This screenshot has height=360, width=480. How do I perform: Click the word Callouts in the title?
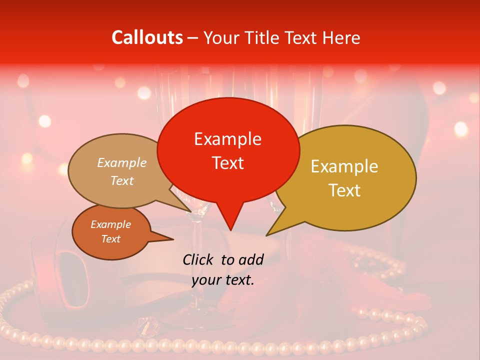click(x=147, y=37)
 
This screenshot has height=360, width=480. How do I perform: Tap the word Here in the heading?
click(x=342, y=37)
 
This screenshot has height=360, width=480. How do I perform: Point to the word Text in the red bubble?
click(x=227, y=162)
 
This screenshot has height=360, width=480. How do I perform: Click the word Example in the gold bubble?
click(x=344, y=166)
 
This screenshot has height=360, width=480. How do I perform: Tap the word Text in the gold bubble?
click(x=344, y=190)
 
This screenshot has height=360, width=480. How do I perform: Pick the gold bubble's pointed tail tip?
click(x=266, y=235)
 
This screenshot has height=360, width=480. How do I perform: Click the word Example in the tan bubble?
click(x=122, y=163)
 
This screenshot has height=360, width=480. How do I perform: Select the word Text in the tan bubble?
click(x=122, y=180)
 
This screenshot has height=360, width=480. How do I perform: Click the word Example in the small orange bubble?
click(x=110, y=224)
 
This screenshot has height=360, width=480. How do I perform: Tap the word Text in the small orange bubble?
click(x=110, y=239)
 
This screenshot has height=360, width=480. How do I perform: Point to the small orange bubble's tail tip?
click(x=173, y=239)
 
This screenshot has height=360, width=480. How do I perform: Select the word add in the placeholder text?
click(x=251, y=259)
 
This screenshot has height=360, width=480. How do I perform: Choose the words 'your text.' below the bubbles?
click(x=223, y=280)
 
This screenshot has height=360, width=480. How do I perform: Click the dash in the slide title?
click(x=193, y=37)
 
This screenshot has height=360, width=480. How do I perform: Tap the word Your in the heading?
click(x=218, y=37)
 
